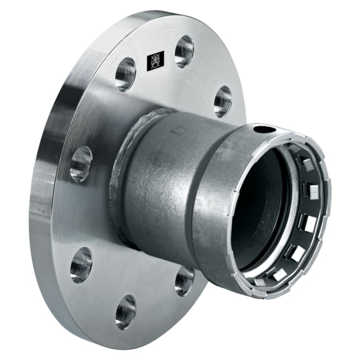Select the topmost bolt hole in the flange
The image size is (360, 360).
[x=184, y=50]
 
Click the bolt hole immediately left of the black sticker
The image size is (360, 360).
[x=126, y=74]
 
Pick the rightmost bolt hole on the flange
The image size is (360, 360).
[x=223, y=101]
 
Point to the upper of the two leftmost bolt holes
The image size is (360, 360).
[x=81, y=164]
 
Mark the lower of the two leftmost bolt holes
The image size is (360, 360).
[x=81, y=264]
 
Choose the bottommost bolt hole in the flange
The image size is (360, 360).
[x=126, y=312]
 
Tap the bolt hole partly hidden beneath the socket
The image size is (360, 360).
[x=184, y=280]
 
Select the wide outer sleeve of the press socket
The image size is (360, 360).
[x=216, y=206]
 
